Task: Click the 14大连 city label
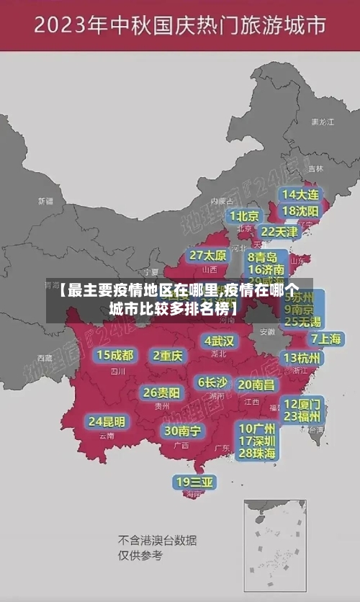300,194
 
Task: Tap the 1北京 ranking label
245,216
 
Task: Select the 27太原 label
208,255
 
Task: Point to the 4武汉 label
219,340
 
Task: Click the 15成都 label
115,354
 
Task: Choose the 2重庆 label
168,355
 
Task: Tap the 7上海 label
325,339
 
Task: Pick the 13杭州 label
303,358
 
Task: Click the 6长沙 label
212,382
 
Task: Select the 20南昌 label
256,385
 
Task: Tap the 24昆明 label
107,421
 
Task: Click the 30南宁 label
183,431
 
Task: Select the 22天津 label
279,232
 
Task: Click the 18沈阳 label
300,211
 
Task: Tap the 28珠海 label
257,453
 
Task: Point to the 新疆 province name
45,201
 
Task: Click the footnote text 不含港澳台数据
157,540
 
